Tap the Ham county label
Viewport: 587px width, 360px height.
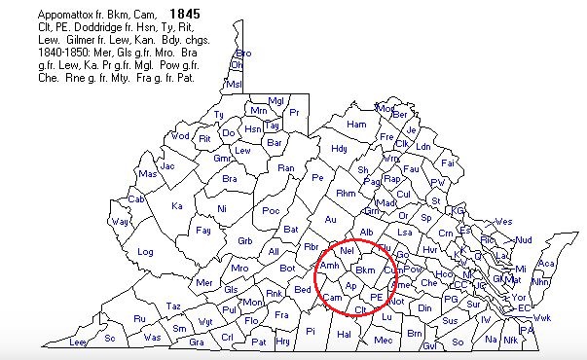356,125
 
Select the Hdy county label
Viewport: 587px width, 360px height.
339,149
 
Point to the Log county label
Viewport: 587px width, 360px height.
146,251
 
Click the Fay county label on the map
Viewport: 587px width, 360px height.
202,231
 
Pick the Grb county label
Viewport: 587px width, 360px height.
245,240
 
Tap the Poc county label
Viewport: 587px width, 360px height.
271,211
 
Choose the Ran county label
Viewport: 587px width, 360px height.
286,167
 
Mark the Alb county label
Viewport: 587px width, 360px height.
367,232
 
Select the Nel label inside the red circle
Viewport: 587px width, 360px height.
346,251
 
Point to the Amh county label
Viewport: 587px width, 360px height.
329,265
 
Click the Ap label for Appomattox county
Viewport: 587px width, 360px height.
351,286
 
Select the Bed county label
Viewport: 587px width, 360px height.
303,290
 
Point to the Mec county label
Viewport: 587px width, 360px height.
383,340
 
